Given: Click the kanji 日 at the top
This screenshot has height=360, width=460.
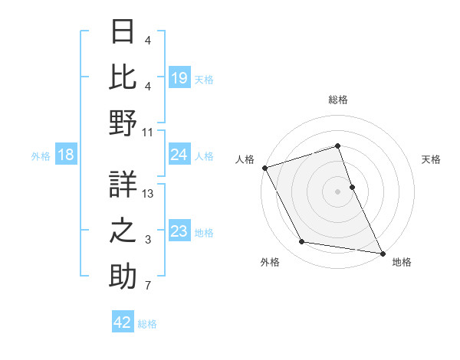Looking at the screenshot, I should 123,32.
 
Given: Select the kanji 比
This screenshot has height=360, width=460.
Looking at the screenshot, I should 123,77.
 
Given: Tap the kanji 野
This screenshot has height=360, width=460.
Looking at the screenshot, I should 123,123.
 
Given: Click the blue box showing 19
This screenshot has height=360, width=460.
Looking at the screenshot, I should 179,77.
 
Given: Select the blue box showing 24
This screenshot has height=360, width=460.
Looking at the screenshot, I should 179,155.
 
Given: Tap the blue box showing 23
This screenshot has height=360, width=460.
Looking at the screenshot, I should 179,231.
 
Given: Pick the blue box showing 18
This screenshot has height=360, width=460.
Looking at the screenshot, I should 66,155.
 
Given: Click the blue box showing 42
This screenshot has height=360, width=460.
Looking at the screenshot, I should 123,322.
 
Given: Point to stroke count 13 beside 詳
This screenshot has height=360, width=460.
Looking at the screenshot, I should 148,194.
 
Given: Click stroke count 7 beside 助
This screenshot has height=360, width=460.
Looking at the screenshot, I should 148,287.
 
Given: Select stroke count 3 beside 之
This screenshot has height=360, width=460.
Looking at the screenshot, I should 148,241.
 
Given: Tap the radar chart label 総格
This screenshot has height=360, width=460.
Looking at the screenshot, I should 338,100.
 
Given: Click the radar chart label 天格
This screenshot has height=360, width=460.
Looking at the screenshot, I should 431,159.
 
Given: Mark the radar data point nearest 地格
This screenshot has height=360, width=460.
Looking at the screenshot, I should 381,252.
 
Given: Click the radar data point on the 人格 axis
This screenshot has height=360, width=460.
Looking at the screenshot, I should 264,167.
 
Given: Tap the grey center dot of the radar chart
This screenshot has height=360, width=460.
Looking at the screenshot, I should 338,191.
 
